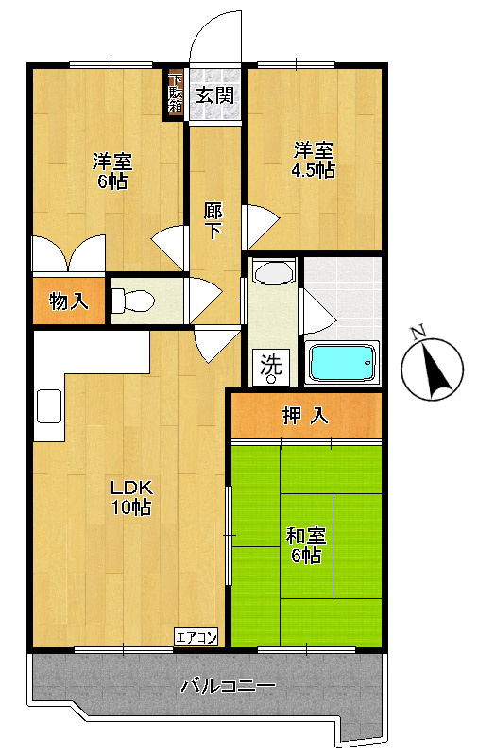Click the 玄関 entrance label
tap(214, 95)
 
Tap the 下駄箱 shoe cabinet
tap(175, 94)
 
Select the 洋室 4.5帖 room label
tap(314, 160)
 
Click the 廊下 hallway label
tap(213, 220)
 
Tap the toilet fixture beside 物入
tap(132, 301)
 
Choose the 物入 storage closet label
tap(69, 301)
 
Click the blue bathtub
tap(342, 362)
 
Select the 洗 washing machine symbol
tap(271, 367)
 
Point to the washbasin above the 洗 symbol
tap(274, 272)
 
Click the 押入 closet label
tap(305, 415)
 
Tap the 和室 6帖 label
tap(306, 545)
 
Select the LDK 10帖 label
tap(131, 498)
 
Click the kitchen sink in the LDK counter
tap(49, 406)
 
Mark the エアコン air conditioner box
tap(196, 637)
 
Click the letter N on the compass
tap(418, 333)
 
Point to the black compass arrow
tap(436, 366)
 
